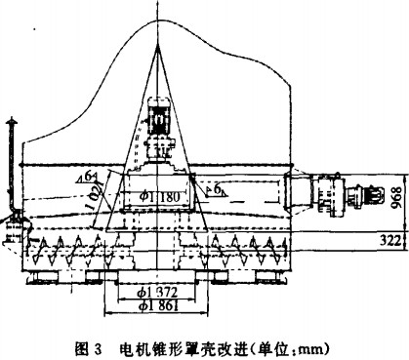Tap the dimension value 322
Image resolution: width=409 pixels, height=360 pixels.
pyautogui.click(x=387, y=263)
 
